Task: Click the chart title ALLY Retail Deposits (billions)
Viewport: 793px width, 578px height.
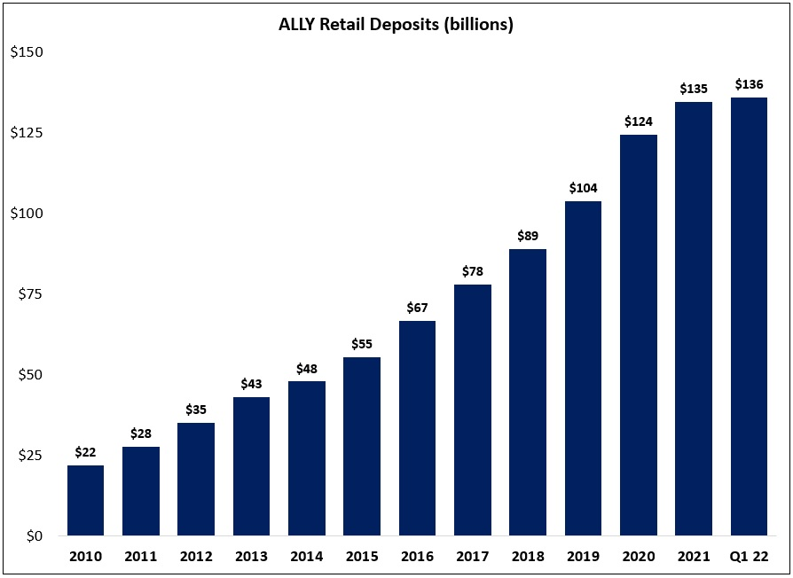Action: (396, 25)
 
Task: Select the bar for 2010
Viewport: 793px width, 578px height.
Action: (85, 501)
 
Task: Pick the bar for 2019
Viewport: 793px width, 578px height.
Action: (583, 369)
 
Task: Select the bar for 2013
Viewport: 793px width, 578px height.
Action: (251, 466)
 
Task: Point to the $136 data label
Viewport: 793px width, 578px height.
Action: (749, 85)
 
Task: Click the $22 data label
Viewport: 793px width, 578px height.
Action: (85, 452)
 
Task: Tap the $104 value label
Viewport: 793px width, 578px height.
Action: (583, 188)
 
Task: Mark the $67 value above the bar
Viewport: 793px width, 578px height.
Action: (417, 308)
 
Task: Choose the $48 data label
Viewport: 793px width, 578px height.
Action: (307, 368)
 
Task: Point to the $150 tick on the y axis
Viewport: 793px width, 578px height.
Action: (27, 52)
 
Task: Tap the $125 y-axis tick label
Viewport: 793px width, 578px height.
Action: (27, 133)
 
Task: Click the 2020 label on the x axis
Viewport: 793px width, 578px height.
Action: (638, 557)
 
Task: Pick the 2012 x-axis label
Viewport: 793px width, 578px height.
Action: (196, 557)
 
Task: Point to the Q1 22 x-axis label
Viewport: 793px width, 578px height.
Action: (749, 557)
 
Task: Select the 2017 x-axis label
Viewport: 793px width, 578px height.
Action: (472, 557)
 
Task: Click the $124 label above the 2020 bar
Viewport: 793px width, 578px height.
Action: (638, 121)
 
